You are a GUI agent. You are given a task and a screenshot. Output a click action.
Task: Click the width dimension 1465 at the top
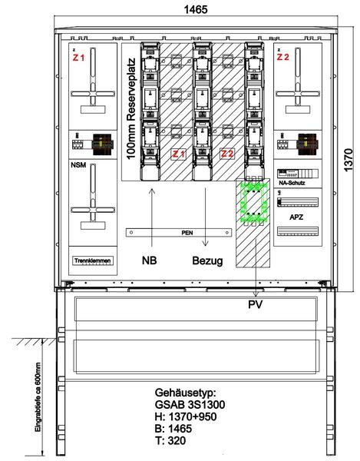tap(196, 9)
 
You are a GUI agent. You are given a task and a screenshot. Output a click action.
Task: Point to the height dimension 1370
tap(348, 161)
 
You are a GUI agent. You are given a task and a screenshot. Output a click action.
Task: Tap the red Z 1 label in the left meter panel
tap(78, 58)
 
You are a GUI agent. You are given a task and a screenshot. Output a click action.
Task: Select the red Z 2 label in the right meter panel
tap(282, 57)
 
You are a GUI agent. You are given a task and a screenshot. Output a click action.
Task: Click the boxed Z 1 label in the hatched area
tap(178, 154)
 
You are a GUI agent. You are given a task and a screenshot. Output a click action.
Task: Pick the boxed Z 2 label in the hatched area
tap(227, 154)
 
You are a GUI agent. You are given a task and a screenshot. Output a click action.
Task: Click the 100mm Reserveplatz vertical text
tap(131, 109)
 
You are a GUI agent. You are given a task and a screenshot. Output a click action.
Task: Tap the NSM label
tap(78, 165)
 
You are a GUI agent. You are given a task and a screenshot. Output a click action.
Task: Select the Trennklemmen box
tap(93, 260)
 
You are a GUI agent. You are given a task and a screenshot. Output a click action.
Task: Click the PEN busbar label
tap(187, 233)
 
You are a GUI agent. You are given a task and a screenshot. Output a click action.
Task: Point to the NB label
tap(149, 260)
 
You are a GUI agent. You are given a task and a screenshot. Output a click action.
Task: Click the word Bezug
tap(207, 260)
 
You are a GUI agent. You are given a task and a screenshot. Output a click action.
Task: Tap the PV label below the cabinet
tap(255, 304)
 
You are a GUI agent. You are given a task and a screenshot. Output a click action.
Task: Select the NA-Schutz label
tap(292, 183)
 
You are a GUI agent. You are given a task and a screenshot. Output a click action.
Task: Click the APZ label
tap(296, 217)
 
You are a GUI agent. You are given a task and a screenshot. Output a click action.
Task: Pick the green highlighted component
tap(254, 202)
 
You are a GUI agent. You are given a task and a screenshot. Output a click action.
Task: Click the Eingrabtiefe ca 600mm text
tap(38, 397)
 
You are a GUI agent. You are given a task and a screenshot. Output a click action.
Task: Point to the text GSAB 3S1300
tap(190, 405)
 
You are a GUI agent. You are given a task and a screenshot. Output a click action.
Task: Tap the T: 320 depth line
tap(170, 440)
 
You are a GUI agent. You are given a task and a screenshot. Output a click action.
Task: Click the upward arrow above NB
tap(152, 217)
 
